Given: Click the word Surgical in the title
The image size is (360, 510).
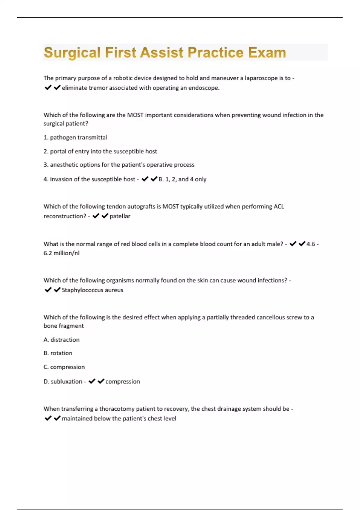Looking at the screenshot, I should tap(72, 52).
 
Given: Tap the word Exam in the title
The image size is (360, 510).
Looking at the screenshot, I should tap(267, 52).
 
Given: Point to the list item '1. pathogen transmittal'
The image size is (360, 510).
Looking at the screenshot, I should tap(75, 137).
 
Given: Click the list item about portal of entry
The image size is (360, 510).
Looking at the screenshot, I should tap(100, 151).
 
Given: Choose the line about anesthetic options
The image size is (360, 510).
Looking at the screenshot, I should tap(119, 165).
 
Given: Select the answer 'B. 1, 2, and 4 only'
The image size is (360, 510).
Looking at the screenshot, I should tap(182, 179).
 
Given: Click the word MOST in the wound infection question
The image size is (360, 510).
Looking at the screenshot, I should tap(136, 115).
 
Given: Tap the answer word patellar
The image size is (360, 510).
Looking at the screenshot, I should tap(120, 216).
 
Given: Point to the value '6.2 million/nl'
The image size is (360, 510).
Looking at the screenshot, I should tap(61, 253).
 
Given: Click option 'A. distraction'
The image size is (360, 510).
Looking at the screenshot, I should tap(61, 340).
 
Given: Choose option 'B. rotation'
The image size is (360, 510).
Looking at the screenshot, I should tap(58, 353).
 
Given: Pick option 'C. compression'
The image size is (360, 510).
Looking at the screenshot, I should tap(64, 367).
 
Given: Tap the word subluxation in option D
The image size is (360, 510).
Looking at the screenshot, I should tap(66, 382).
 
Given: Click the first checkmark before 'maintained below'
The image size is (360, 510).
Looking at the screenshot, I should tap(48, 418).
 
